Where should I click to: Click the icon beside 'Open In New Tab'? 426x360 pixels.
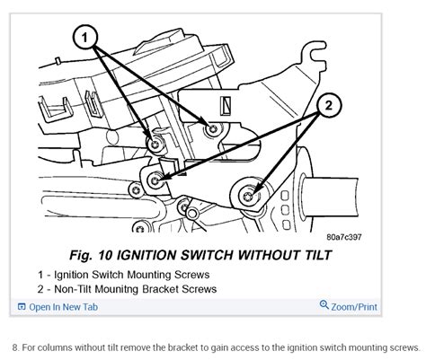(19, 307)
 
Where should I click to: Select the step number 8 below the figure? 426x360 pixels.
(15, 347)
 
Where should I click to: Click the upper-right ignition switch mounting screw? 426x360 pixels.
(211, 130)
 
